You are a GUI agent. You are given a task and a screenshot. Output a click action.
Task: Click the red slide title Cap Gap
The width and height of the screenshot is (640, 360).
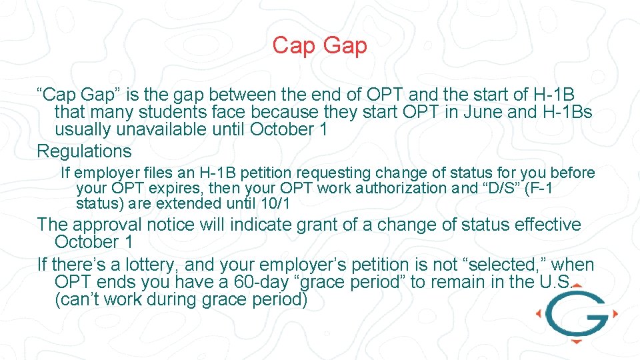click(319, 45)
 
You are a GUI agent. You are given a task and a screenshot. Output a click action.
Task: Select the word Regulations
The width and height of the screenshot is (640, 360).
click(84, 151)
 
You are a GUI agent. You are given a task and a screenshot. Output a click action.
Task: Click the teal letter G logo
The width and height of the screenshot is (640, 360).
click(575, 313)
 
